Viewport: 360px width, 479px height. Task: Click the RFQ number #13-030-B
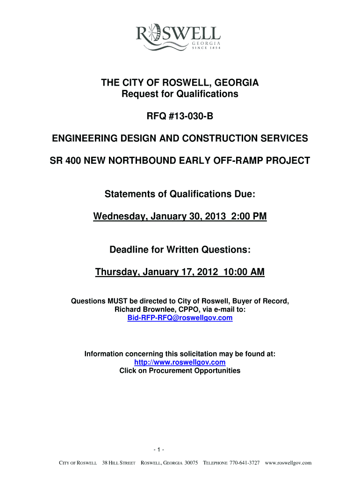point(180,116)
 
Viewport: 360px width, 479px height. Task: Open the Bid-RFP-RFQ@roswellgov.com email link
point(180,318)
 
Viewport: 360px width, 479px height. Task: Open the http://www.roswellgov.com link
point(180,363)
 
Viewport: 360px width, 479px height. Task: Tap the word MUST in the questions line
point(117,302)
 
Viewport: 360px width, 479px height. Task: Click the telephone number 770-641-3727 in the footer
point(244,463)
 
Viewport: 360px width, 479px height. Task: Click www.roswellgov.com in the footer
point(288,463)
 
